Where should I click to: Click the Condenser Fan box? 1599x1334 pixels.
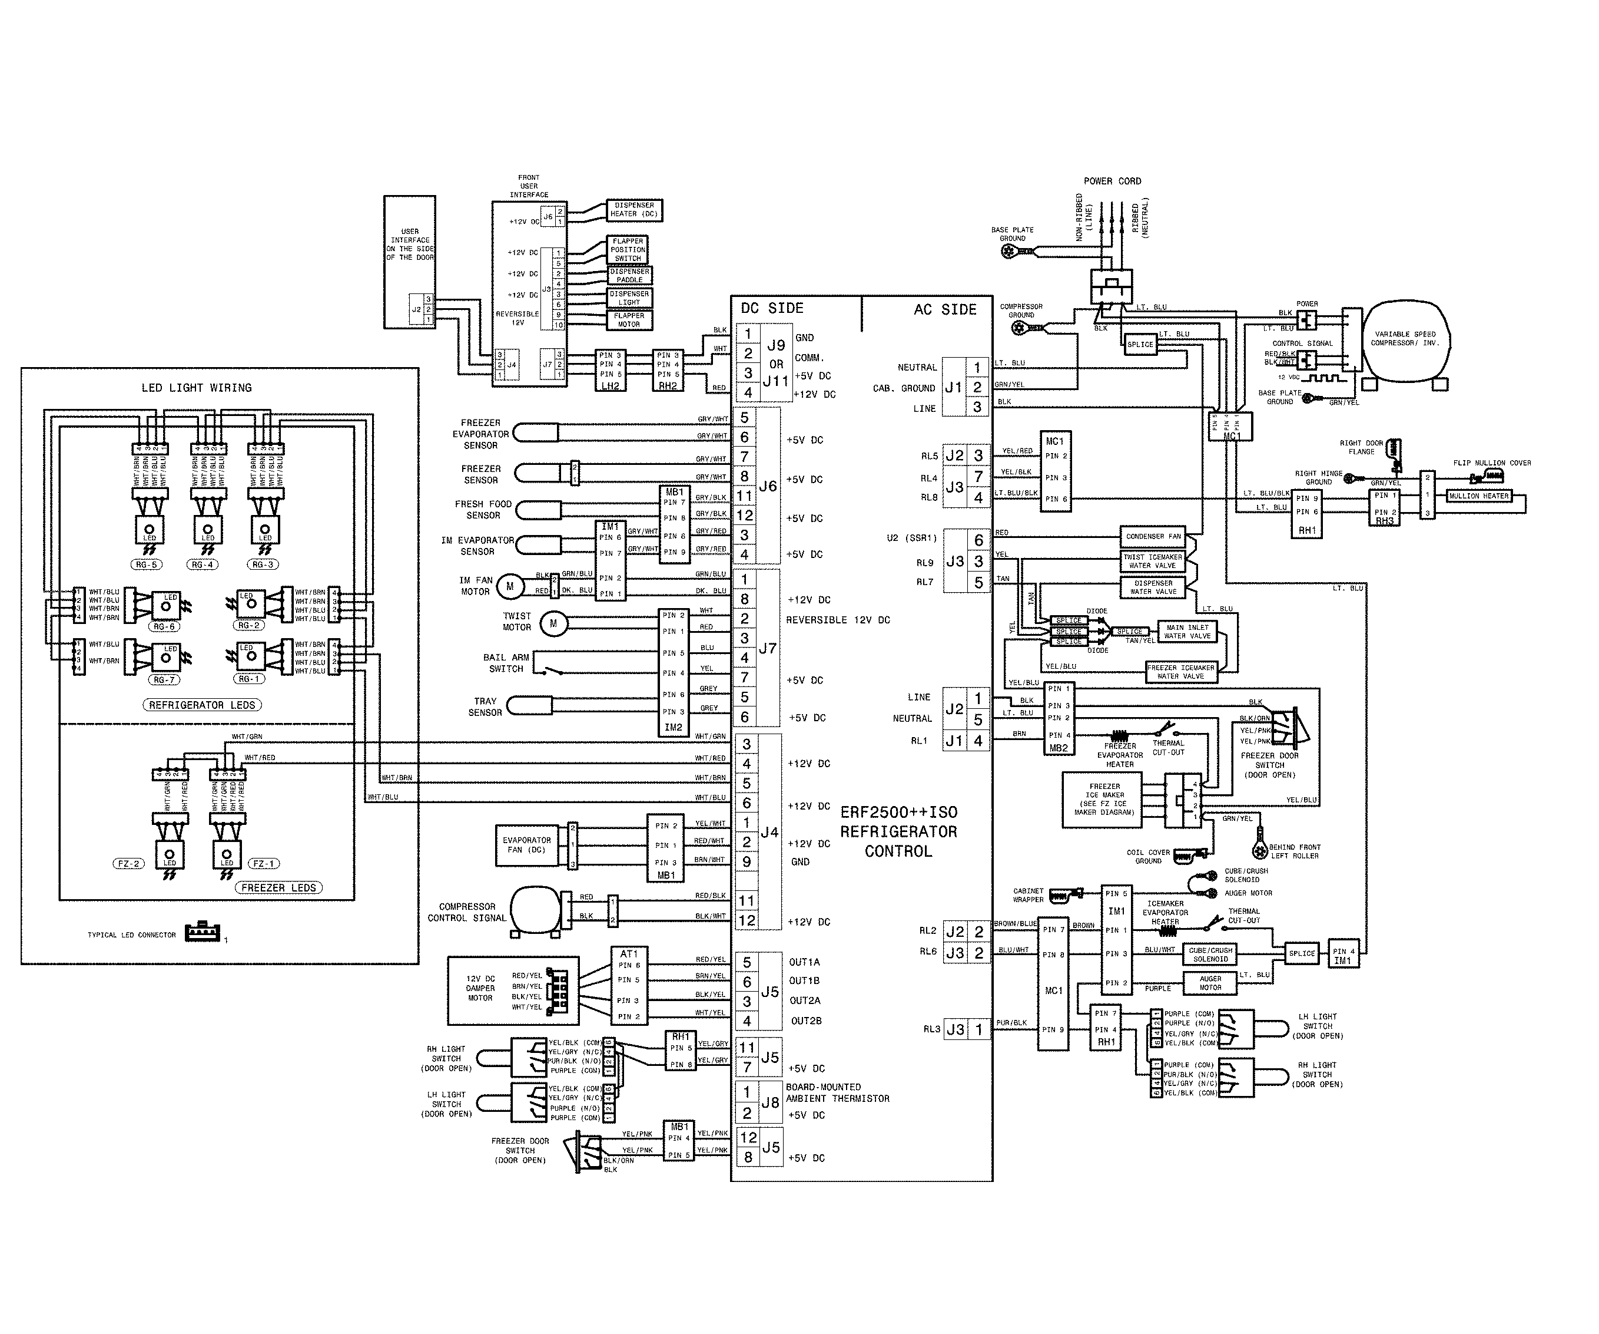[1153, 536]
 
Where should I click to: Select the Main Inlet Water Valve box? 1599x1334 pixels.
[1187, 632]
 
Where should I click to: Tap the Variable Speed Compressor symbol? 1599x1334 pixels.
[1405, 339]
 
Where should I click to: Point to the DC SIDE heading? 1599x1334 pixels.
[771, 309]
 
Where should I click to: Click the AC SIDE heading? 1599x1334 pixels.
[944, 310]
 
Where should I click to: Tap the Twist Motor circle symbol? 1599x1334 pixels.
[553, 624]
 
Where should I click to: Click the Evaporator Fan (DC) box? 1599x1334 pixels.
[526, 845]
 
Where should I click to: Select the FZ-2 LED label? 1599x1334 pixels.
[127, 864]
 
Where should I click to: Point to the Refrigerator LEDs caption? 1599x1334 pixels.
[202, 705]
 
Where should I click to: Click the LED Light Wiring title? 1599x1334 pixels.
[197, 388]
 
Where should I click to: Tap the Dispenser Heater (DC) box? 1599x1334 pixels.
[633, 210]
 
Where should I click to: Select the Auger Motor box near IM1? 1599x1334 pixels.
[1210, 983]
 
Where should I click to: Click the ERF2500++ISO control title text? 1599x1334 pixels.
[898, 832]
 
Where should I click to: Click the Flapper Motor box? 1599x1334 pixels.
[629, 320]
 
